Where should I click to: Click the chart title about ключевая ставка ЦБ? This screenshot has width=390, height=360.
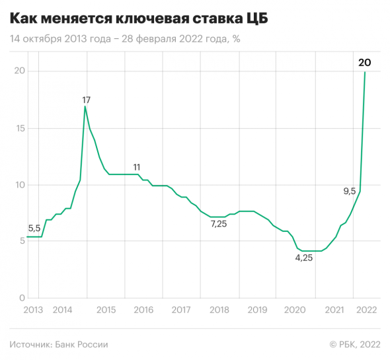[x=139, y=17]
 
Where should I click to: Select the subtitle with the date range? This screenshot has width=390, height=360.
[x=125, y=39]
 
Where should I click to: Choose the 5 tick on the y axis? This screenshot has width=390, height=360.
[x=21, y=242]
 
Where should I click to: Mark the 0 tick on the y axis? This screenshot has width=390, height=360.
[x=21, y=298]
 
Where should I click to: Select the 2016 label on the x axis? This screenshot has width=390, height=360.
[x=143, y=310]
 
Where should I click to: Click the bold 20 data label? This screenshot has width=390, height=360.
[x=364, y=63]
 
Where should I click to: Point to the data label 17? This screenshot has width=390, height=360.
[x=86, y=100]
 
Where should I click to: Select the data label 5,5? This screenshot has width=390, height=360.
[x=34, y=229]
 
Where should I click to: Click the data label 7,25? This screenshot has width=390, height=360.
[x=219, y=225]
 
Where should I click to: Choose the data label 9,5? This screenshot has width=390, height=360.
[x=350, y=192]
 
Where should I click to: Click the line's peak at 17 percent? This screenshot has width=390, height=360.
[x=85, y=106]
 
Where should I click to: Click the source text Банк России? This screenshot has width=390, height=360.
[x=59, y=344]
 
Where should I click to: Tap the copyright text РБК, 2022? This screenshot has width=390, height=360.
[x=355, y=344]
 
